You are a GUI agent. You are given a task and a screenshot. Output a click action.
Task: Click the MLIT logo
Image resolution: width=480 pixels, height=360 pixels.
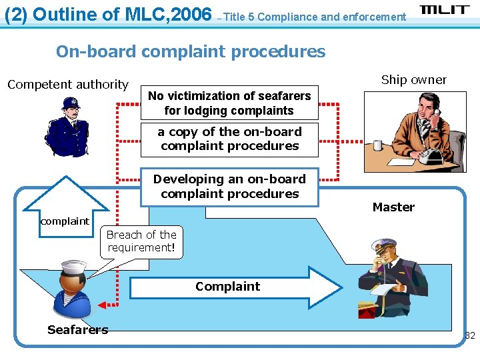coord(445,10)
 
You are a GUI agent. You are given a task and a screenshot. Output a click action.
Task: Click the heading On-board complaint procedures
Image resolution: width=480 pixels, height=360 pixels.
coord(191,51)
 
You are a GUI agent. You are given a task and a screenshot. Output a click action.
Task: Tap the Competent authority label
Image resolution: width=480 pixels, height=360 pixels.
coord(67,85)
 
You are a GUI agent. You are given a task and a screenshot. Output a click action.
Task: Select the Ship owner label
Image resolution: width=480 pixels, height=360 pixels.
coord(414,80)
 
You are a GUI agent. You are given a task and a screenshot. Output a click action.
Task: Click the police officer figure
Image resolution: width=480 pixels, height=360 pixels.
coord(66,127)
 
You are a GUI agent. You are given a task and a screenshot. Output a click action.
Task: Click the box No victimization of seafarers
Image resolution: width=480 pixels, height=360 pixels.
coord(229,103)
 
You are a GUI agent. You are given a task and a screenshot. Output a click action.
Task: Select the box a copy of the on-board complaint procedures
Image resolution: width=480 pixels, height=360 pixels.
coord(229,139)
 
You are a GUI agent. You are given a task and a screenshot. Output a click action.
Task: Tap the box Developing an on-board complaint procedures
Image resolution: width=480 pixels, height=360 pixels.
coord(229,187)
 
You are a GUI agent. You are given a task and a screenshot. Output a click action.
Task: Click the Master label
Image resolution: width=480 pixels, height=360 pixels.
coord(393,207)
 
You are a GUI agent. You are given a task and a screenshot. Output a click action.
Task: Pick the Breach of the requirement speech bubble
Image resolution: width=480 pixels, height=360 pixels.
coord(141,241)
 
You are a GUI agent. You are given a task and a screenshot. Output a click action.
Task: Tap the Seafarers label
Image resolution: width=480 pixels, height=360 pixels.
coord(78,329)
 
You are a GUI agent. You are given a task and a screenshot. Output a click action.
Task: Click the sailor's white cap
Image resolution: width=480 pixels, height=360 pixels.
coord(74,269)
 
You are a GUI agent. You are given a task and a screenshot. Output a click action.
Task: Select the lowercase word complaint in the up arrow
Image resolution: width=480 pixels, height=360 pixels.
coord(65,221)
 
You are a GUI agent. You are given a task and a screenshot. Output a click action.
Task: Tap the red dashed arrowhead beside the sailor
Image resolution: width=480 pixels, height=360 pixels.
coord(103,305)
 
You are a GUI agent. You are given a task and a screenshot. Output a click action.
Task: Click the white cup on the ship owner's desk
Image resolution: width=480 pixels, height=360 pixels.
coord(378,145)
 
